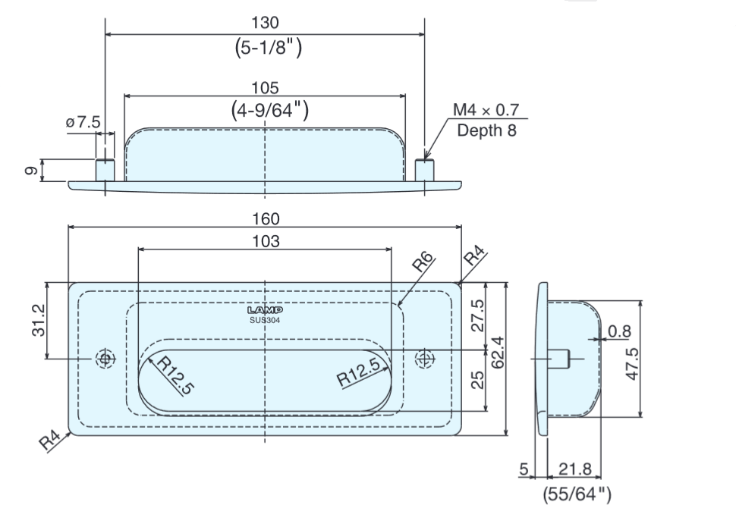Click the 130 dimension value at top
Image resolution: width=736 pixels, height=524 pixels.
265,24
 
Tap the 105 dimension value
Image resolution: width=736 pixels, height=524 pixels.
265,88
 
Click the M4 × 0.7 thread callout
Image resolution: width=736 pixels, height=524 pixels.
486,111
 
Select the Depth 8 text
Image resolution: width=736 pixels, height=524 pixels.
486,130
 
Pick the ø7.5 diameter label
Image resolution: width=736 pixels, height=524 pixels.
83,123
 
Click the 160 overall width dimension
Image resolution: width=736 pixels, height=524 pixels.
266,219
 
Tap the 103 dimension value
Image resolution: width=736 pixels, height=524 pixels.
266,242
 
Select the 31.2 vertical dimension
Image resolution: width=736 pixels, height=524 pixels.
39,321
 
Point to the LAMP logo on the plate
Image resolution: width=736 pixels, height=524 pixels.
265,310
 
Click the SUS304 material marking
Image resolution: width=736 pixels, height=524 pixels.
265,319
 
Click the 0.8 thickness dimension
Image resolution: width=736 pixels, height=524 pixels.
619,331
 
